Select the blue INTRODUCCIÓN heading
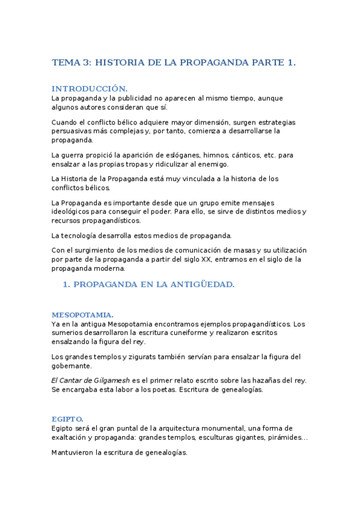click(90, 88)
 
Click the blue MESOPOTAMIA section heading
click(82, 315)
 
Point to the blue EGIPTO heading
click(67, 419)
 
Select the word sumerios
click(67, 333)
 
